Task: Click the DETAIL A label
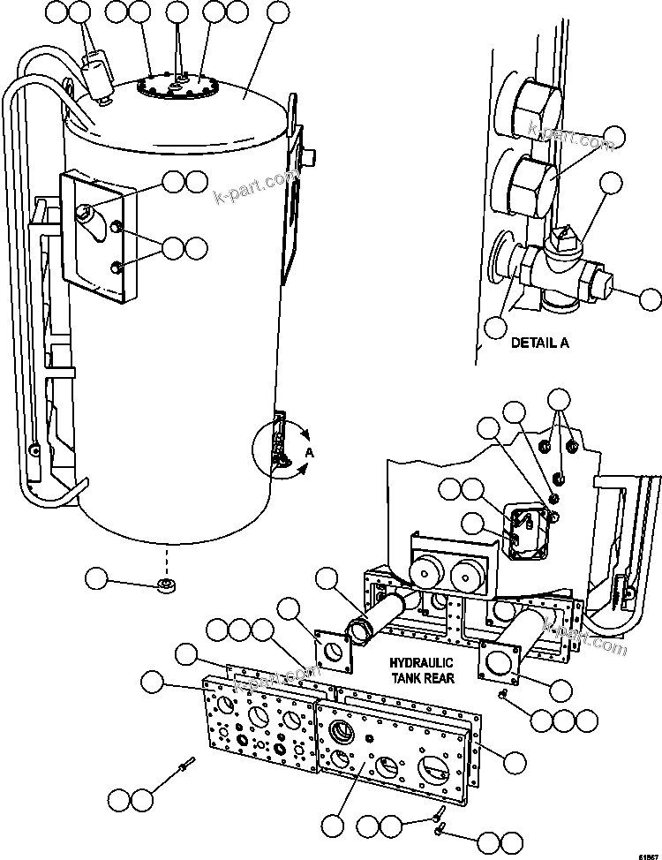coord(539,343)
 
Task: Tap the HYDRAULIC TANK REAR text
coord(423,670)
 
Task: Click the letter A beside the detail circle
coord(310,452)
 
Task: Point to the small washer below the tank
coord(165,586)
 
